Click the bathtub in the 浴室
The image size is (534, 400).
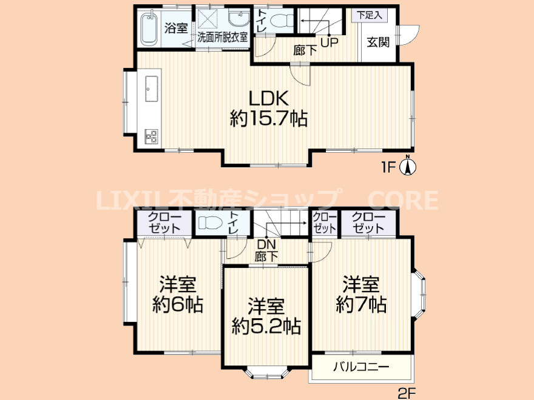coord(149,27)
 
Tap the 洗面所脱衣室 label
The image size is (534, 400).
coord(222,37)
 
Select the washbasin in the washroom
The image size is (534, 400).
coord(238,18)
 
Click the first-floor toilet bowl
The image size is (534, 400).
coord(282,21)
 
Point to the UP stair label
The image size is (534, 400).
coord(330,42)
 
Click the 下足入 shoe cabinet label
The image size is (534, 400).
coord(370,15)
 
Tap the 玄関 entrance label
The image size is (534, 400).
coord(378,42)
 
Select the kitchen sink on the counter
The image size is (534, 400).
coord(152,88)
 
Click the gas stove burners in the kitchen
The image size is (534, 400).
coord(151,136)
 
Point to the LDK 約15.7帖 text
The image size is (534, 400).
coord(269,109)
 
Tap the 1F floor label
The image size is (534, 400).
coord(387,167)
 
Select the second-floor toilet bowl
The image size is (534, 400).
coord(211,223)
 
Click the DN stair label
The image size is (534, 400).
coord(266,244)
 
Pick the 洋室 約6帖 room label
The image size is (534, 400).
coord(178,295)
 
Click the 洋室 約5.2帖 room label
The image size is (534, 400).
coord(266,316)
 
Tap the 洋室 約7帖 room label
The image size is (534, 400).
coord(361,295)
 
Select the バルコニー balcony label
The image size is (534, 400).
coord(361,367)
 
